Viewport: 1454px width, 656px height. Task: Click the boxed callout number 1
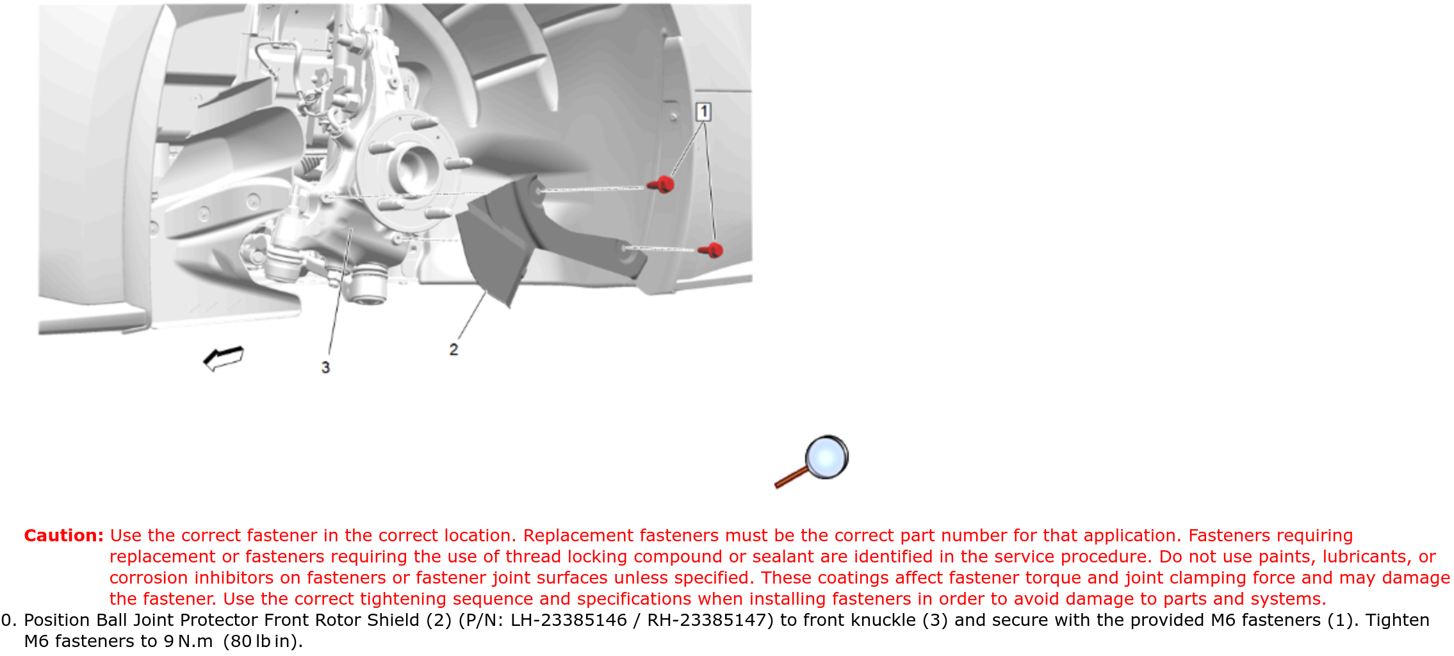(x=703, y=112)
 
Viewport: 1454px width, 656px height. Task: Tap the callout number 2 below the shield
(x=453, y=350)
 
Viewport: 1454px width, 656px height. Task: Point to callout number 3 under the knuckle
(x=325, y=367)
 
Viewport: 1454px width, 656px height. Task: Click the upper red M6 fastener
(x=662, y=184)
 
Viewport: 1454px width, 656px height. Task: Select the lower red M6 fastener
(x=711, y=250)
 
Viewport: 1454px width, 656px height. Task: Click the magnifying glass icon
(x=812, y=461)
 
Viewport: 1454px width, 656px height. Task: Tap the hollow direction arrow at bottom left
(x=224, y=358)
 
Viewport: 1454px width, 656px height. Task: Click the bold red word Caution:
(x=63, y=536)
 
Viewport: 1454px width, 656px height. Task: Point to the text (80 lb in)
(x=263, y=641)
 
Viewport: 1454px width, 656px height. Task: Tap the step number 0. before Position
(x=10, y=620)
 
